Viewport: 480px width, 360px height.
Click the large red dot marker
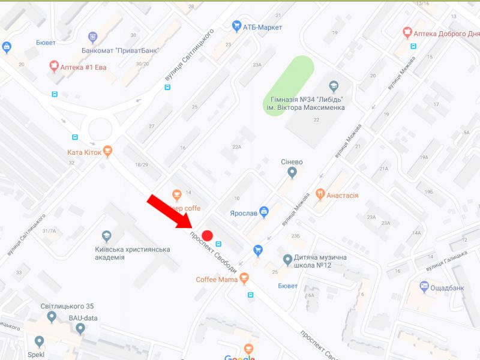(x=208, y=236)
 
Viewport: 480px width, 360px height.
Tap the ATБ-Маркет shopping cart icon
(x=236, y=26)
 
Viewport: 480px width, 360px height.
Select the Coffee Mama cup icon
(x=244, y=278)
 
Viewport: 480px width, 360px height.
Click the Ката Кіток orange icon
(x=108, y=151)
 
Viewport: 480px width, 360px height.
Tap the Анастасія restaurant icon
(x=320, y=194)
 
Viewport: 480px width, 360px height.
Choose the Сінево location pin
(x=292, y=173)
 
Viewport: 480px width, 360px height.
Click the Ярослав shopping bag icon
(x=264, y=211)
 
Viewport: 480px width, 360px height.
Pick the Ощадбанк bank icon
(x=425, y=286)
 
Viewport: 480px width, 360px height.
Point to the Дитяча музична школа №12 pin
(x=288, y=260)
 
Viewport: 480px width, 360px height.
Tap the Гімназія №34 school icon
(x=334, y=86)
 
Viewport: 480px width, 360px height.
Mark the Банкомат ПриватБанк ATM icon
(x=92, y=37)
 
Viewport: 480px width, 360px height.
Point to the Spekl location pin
(x=40, y=341)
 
